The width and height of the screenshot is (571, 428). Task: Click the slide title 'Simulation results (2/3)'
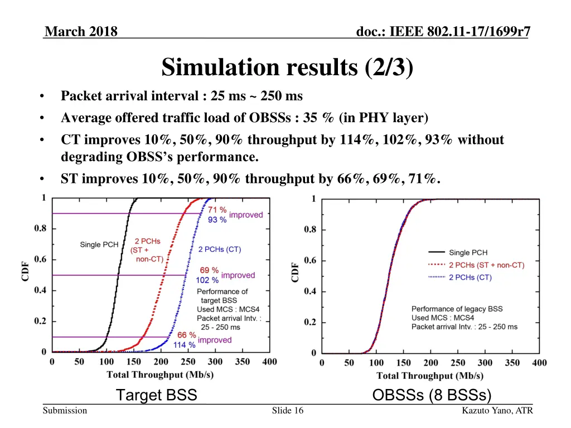click(287, 67)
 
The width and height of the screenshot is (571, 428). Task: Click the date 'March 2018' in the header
click(81, 32)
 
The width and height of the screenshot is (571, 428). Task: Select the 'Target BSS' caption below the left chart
click(156, 395)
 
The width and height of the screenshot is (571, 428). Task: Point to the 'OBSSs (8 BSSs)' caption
click(432, 395)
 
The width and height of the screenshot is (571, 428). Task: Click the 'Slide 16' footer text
click(288, 411)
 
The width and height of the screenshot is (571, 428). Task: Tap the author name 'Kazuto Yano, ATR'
click(497, 411)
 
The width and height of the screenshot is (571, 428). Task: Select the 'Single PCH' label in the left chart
click(99, 244)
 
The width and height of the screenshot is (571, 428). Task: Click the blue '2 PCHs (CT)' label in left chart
click(220, 249)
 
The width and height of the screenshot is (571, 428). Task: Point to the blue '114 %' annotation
click(184, 345)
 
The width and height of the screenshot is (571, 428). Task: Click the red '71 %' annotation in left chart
click(217, 210)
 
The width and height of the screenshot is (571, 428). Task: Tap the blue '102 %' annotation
click(207, 280)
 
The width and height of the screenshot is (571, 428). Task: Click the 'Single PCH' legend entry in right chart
click(468, 252)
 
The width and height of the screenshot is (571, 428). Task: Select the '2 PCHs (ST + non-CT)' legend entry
click(486, 265)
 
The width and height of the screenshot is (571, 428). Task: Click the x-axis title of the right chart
click(430, 376)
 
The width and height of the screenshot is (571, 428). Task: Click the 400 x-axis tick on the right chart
click(539, 363)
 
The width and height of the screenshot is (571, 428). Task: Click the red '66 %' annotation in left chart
click(187, 335)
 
